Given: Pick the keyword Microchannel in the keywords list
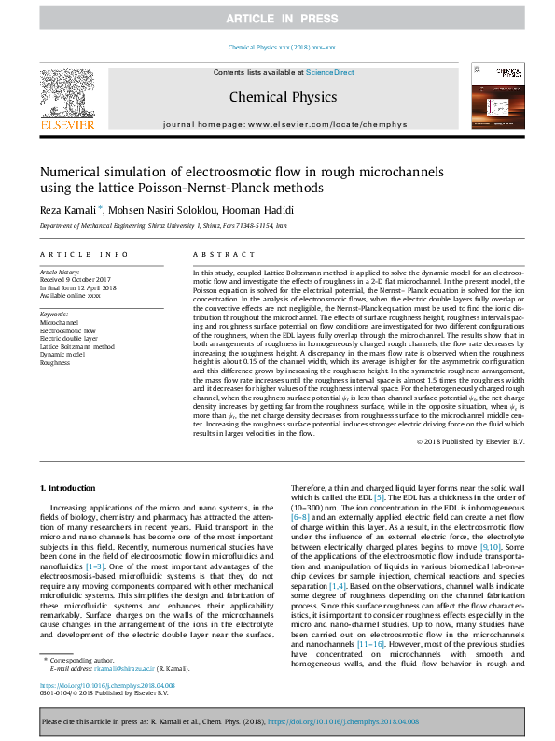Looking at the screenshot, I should (61, 321).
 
